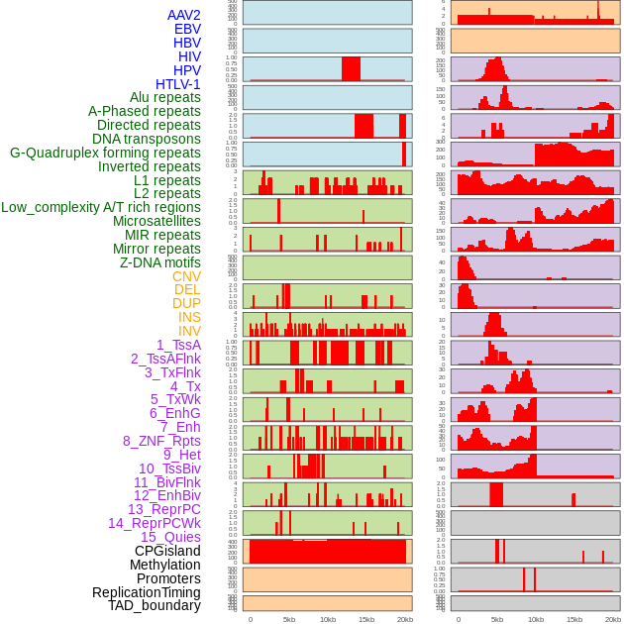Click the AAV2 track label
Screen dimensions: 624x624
click(183, 15)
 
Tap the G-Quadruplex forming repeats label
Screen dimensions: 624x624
click(105, 153)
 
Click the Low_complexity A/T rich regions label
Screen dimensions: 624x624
click(101, 207)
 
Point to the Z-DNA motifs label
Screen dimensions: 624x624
click(160, 262)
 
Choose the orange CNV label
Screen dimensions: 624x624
click(186, 276)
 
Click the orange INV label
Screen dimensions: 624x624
click(189, 331)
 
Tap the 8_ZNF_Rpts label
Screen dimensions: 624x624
click(161, 441)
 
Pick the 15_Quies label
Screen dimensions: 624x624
click(170, 537)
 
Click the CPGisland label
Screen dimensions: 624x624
click(167, 551)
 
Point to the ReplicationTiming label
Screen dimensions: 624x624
click(146, 592)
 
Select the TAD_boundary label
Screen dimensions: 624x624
click(155, 605)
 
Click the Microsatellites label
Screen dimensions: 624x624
click(156, 221)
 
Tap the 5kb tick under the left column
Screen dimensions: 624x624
click(289, 619)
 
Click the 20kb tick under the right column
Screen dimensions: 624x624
click(613, 619)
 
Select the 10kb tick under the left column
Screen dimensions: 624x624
click(328, 619)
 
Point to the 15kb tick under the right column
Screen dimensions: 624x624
click(573, 619)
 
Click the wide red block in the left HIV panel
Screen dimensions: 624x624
click(351, 68)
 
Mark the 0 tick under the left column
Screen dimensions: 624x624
click(250, 619)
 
